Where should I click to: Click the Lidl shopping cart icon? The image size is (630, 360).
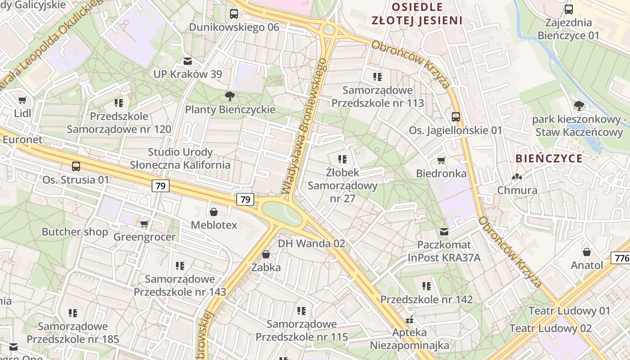click(22, 100)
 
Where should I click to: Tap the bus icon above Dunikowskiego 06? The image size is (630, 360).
click(234, 13)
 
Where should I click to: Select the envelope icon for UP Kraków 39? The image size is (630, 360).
click(187, 61)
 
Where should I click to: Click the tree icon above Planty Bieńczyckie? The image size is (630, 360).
click(230, 96)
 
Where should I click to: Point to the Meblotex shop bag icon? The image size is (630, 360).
click(214, 211)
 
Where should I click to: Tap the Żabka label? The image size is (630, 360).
click(266, 267)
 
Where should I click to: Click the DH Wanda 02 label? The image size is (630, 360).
click(311, 243)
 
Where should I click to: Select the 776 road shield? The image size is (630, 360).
click(621, 258)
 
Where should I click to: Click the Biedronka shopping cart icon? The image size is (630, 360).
click(441, 160)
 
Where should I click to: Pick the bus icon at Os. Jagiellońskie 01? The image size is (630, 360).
click(455, 117)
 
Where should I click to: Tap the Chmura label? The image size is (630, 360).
click(517, 190)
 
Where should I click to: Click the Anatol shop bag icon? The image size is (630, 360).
click(586, 252)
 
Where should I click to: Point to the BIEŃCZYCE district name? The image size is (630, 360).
click(549, 158)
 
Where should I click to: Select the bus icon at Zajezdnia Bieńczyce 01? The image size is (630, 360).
click(569, 9)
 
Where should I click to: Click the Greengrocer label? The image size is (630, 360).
click(144, 237)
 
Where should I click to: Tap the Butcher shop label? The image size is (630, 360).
click(75, 232)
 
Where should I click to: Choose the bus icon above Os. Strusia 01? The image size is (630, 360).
click(76, 166)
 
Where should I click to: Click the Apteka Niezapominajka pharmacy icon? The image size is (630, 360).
click(409, 319)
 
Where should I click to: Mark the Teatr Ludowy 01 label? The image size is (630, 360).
click(569, 310)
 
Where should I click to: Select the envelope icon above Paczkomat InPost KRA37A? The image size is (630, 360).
click(444, 232)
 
